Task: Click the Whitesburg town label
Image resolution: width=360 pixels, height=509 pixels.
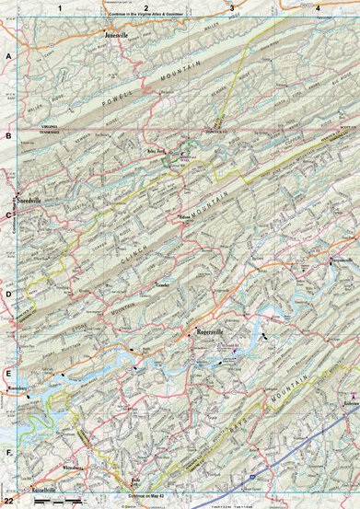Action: pos(73,469)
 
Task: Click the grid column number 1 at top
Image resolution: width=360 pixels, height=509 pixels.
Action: pos(61,7)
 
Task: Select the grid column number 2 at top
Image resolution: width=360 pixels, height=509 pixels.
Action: pos(146,7)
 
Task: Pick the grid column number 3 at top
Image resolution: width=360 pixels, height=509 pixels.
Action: pos(231,7)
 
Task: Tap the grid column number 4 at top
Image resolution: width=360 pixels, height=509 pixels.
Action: pos(318,7)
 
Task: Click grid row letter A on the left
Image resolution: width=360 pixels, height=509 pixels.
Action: pos(8,56)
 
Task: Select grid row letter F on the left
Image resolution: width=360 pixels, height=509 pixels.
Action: pos(8,453)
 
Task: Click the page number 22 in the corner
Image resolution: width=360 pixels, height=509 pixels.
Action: pos(8,501)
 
